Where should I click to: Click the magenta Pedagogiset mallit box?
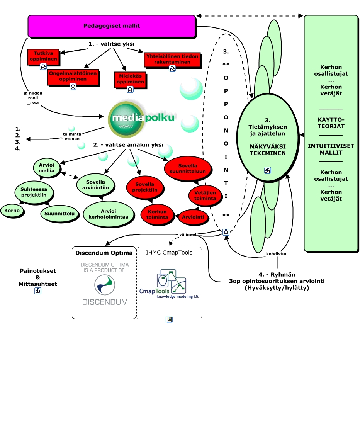point(112,26)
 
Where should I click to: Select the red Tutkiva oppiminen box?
point(44,56)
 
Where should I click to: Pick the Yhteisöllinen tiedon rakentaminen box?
point(172,59)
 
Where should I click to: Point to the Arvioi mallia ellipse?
point(46,167)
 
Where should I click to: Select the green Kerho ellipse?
point(12,211)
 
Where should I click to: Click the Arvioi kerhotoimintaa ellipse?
point(109,214)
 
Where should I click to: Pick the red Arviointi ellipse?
point(193,217)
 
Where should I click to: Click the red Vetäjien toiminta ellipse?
point(205,195)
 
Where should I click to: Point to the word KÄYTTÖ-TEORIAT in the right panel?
point(331,123)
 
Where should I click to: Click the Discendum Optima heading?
point(104,253)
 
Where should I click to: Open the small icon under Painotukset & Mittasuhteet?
point(38,291)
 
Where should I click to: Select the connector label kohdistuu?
point(276,254)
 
